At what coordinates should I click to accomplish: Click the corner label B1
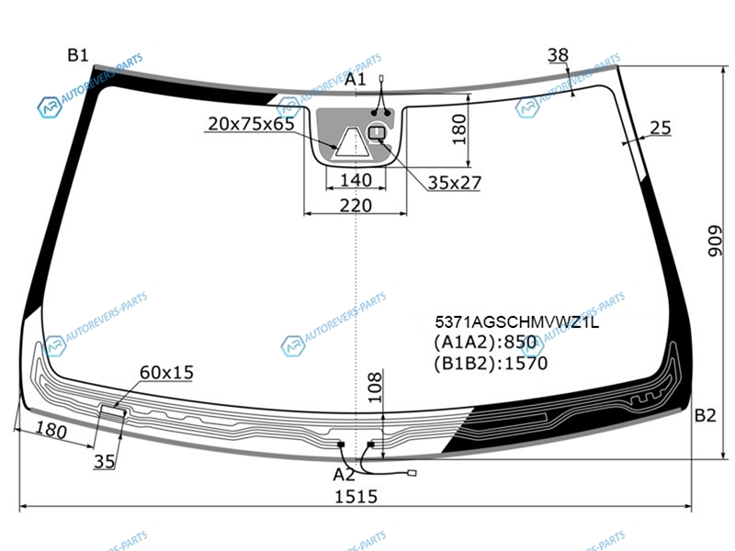[x=78, y=55]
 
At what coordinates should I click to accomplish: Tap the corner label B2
[x=705, y=415]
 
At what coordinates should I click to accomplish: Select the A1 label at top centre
[x=355, y=79]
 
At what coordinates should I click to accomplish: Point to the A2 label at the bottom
[x=344, y=475]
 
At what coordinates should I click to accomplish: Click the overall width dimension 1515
[x=356, y=496]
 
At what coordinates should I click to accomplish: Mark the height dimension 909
[x=716, y=241]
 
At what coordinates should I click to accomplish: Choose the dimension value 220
[x=356, y=205]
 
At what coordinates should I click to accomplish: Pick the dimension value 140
[x=356, y=180]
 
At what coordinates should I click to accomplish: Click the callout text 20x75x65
[x=251, y=124]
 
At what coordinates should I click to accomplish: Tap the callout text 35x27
[x=454, y=183]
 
